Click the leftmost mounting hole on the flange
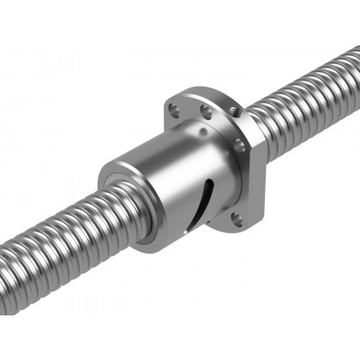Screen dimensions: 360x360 pos(175,110)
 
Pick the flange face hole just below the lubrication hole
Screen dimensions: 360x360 pos(240,146)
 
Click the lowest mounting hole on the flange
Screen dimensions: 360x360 pos(237,220)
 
